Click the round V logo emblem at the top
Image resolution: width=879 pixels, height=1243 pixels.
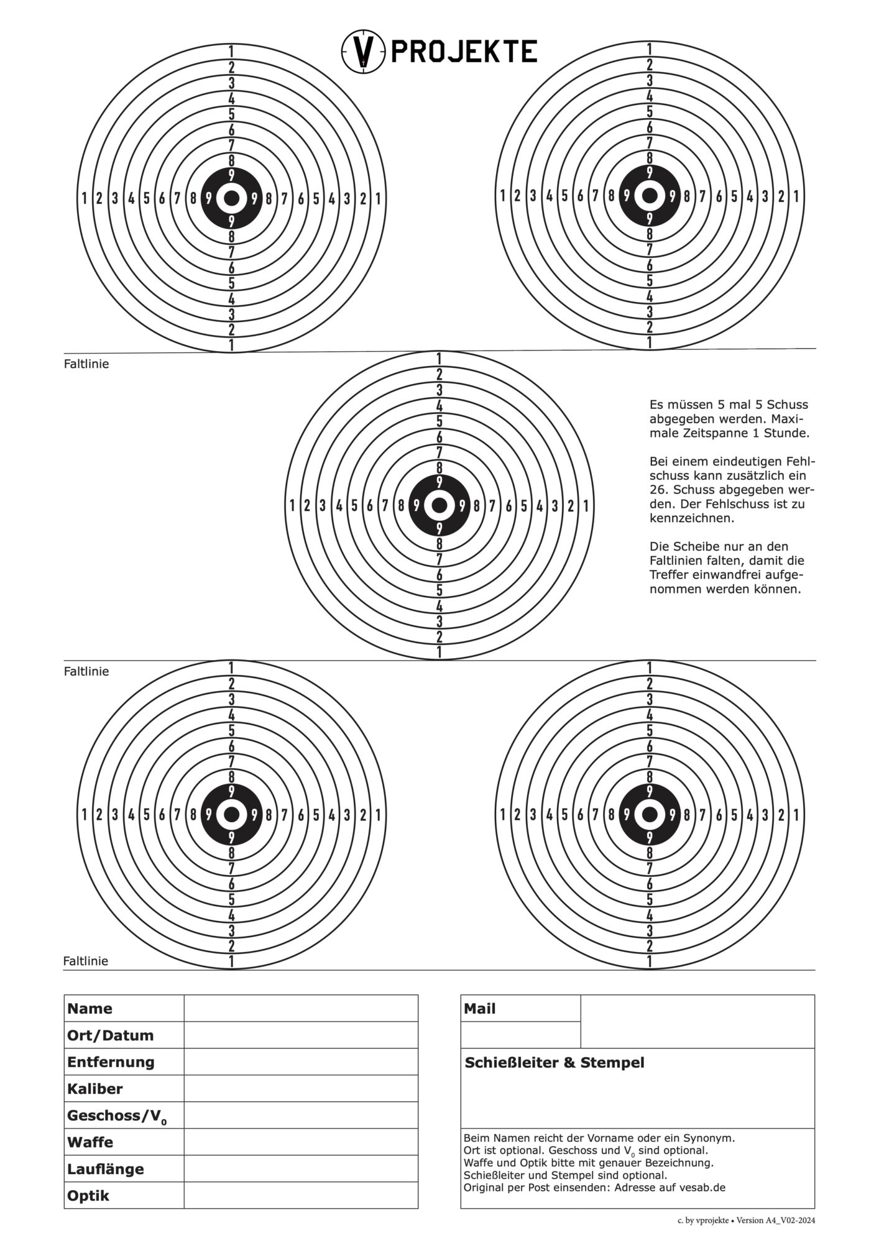(x=363, y=51)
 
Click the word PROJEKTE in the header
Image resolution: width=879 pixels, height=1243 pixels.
(x=463, y=51)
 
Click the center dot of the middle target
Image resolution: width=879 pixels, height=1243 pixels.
(x=439, y=505)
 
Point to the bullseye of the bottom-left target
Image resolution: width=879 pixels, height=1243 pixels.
(x=231, y=814)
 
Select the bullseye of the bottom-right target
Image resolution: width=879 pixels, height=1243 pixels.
(x=650, y=814)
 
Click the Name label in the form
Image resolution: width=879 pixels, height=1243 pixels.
(x=90, y=1009)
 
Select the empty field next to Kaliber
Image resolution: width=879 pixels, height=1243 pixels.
(x=301, y=1089)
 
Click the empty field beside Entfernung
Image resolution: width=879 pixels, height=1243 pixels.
(x=301, y=1062)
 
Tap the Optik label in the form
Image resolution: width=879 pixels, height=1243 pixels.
(x=88, y=1196)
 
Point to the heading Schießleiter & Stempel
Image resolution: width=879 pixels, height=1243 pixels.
(x=555, y=1063)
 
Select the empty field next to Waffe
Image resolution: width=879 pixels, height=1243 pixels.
(x=301, y=1142)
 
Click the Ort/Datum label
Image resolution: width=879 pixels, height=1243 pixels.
(x=110, y=1035)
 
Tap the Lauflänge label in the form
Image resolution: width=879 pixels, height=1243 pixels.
(x=105, y=1169)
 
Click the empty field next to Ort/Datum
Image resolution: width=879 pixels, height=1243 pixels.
(x=301, y=1035)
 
